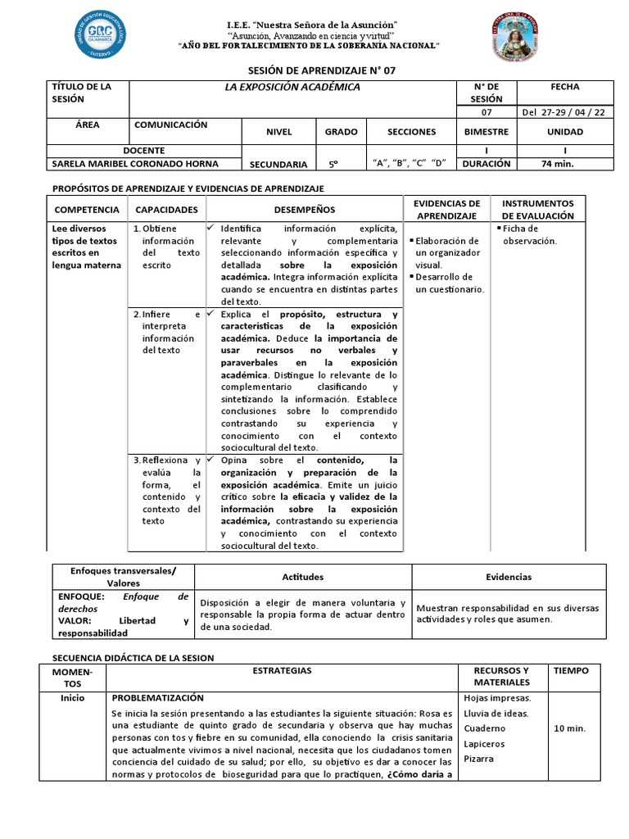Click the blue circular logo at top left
pos(102,35)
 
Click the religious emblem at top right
pos(516,39)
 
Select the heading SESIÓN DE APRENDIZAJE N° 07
pos(314,70)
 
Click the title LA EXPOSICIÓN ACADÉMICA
pos(293,87)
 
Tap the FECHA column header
pos(565,87)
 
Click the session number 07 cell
pos(486,112)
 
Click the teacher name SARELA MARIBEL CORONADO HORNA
pos(144,163)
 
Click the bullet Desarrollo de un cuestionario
pos(449,283)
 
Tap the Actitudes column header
pos(302,577)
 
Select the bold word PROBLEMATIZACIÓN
pos(157,697)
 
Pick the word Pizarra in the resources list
pos(478,759)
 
